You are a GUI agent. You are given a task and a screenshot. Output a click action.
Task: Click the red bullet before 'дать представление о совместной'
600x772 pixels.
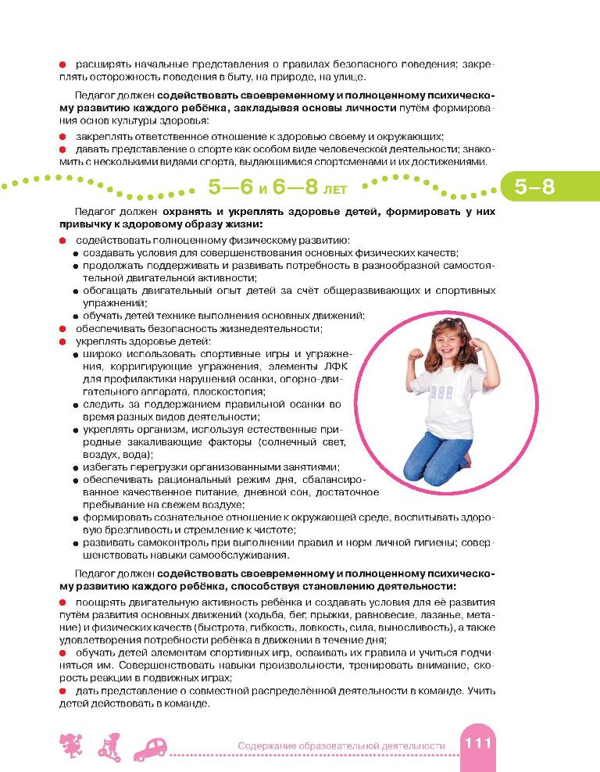(x=62, y=691)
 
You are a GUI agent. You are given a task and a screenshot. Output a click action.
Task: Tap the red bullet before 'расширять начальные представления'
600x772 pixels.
(x=62, y=63)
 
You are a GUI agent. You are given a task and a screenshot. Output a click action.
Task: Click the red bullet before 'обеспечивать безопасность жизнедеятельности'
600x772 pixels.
(x=62, y=328)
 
